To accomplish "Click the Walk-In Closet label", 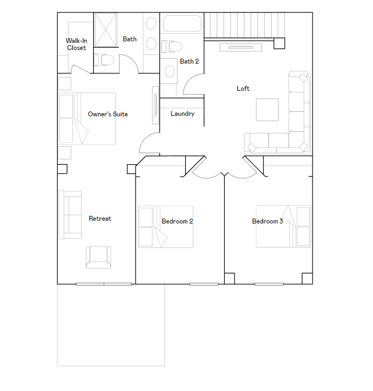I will tap(76, 44).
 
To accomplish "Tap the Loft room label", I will tap(243, 89).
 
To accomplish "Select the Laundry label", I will tap(182, 114).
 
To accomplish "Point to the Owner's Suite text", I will tap(108, 114).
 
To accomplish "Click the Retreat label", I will tap(100, 219).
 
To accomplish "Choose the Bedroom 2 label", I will tap(177, 221).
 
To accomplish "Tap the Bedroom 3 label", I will tap(267, 221).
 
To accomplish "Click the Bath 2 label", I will tap(189, 61).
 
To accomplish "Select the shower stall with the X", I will tap(106, 30).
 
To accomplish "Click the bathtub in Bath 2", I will tap(182, 24).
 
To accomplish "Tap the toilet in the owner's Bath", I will tap(104, 59).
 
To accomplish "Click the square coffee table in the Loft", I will tap(267, 109).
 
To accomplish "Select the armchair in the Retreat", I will tap(98, 257).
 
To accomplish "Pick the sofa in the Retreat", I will tap(70, 215).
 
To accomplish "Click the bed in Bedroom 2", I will tap(166, 227).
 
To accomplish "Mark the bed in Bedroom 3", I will tap(283, 226).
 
